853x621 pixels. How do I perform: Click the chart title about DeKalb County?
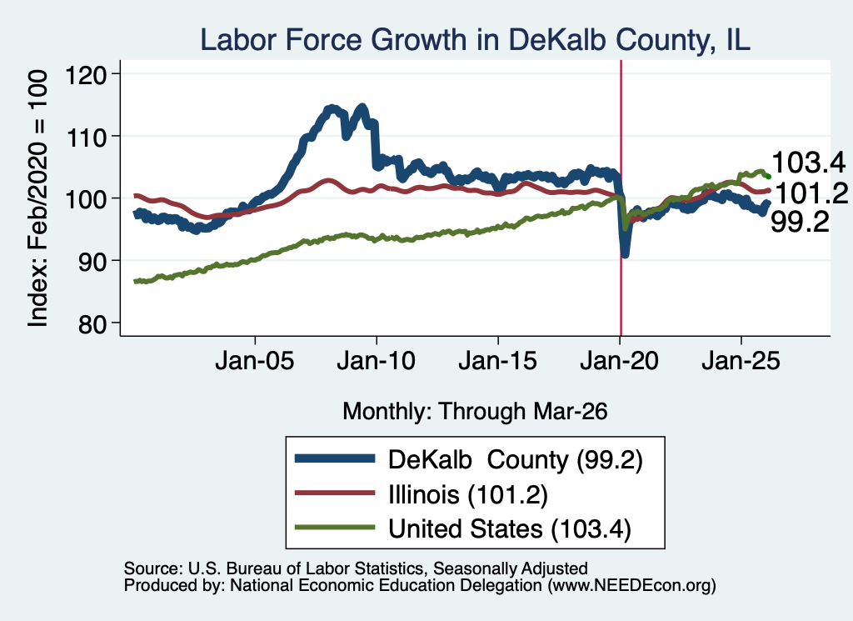click(x=475, y=40)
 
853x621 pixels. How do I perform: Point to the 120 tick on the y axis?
click(x=86, y=74)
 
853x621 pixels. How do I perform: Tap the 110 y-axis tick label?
click(x=86, y=136)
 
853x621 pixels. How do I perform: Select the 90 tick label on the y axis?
click(x=92, y=261)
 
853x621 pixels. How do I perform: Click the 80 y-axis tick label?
click(x=92, y=323)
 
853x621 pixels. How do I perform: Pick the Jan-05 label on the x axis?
click(x=255, y=361)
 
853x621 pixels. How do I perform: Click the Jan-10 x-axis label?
click(x=376, y=361)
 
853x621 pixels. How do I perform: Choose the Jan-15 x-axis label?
click(x=498, y=361)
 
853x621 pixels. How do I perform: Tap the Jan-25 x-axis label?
click(x=741, y=361)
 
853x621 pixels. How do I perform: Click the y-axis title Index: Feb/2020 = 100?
click(x=37, y=198)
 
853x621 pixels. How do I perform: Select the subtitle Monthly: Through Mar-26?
click(x=475, y=411)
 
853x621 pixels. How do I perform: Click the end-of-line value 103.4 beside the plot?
click(x=808, y=163)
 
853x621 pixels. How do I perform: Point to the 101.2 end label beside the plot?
click(x=811, y=193)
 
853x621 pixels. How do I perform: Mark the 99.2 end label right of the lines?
click(x=801, y=222)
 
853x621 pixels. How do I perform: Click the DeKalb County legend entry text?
click(x=516, y=460)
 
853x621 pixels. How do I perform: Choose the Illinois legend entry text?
click(x=468, y=494)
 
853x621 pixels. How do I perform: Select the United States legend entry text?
click(x=510, y=528)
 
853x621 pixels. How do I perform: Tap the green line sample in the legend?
click(x=335, y=528)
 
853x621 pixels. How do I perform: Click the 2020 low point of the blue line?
click(x=625, y=253)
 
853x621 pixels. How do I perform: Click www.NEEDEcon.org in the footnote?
click(x=631, y=586)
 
